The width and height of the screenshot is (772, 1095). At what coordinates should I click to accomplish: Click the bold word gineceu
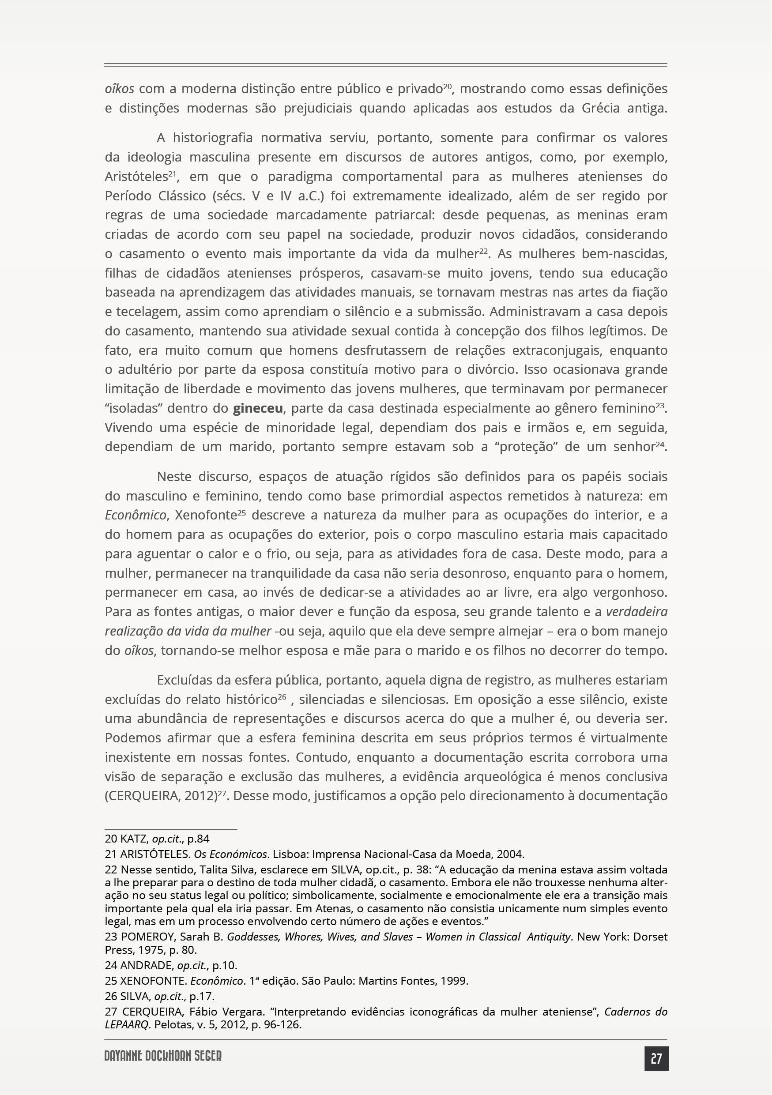[258, 408]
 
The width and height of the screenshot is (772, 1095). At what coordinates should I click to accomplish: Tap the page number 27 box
[656, 1059]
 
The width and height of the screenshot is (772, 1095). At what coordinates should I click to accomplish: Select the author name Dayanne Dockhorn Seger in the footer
[163, 1056]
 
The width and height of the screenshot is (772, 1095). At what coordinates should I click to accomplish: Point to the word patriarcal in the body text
[404, 215]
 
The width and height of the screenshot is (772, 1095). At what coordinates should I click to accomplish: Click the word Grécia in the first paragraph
[601, 108]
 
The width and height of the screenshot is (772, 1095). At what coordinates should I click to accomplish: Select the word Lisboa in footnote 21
[290, 854]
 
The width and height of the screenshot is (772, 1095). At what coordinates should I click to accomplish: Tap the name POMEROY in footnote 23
[147, 937]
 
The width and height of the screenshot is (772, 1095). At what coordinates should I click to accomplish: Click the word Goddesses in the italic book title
[253, 937]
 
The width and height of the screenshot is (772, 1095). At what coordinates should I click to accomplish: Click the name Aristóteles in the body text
[136, 177]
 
